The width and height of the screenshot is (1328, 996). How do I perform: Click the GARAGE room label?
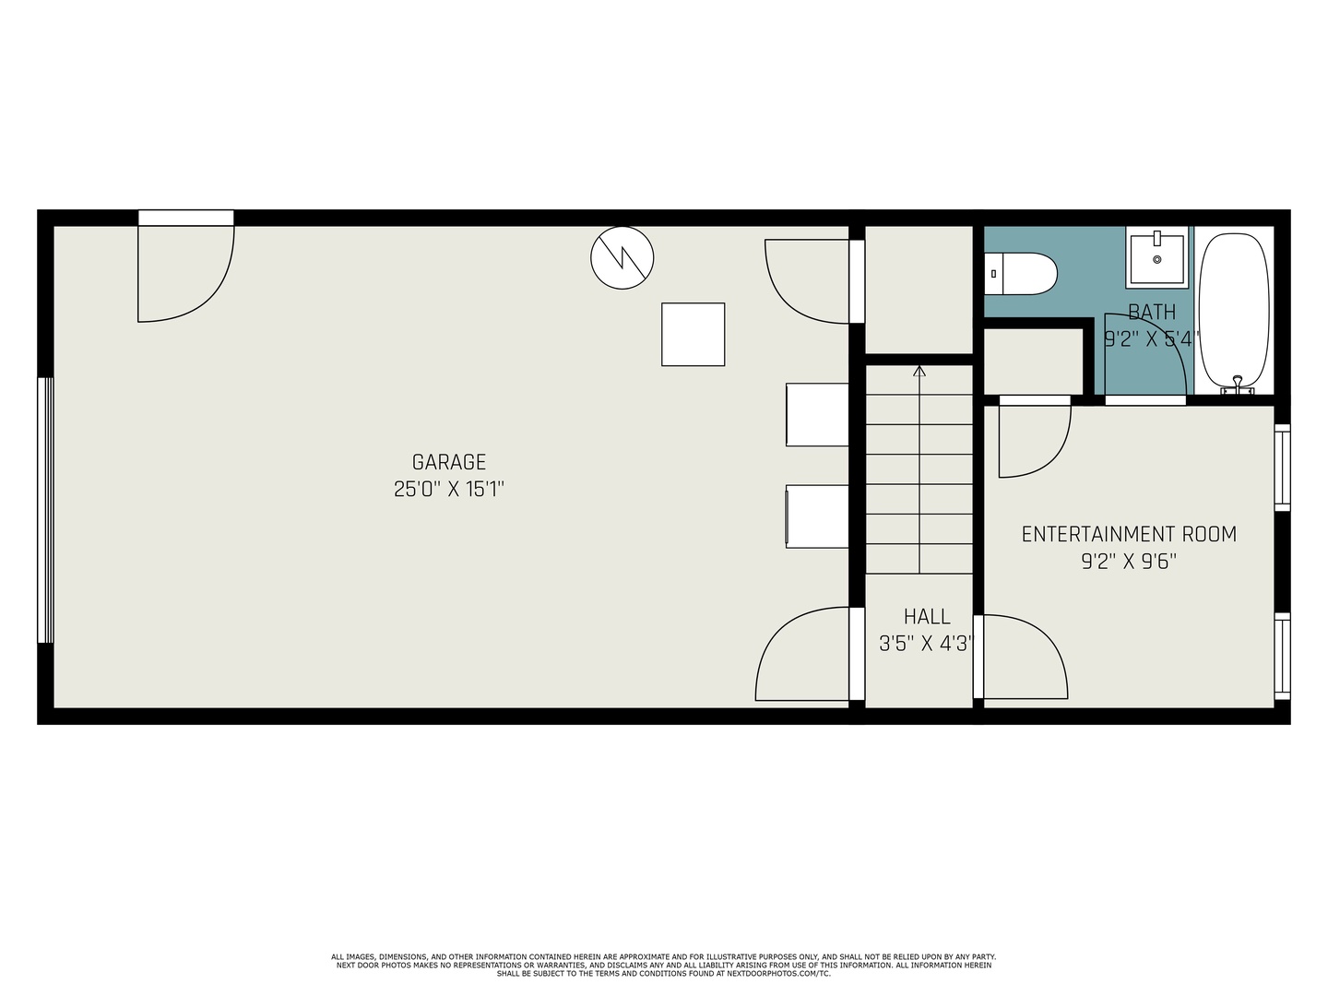coord(448,462)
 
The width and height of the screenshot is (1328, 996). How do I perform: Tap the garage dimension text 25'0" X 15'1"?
coord(448,489)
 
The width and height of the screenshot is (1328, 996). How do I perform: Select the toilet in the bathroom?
coord(1020,274)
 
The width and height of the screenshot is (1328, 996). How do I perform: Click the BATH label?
coord(1152,312)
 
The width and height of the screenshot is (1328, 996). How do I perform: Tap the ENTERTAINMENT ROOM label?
coord(1129,534)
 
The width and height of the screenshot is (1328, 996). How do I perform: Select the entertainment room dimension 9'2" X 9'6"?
coord(1129,562)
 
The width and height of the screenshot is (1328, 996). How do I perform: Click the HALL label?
coord(927,616)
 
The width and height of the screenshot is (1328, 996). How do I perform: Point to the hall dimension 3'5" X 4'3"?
coord(927,644)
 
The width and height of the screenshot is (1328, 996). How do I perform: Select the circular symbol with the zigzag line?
coord(622,257)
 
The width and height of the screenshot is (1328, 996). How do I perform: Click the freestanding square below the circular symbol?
coord(693,335)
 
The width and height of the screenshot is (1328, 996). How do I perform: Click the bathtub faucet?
coord(1238,385)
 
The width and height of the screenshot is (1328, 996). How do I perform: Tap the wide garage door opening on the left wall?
coord(46,510)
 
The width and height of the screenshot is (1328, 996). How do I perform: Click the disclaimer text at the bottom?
coord(664,966)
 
